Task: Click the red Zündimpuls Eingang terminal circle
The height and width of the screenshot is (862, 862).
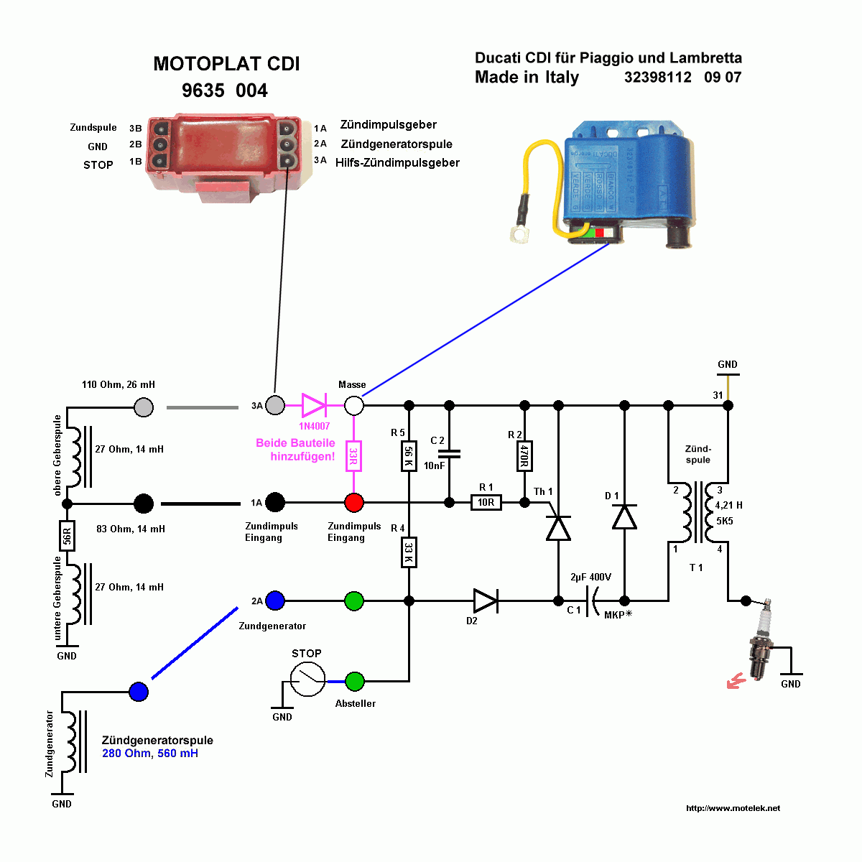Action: tap(353, 502)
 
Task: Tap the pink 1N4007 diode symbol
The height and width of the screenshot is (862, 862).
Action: tap(314, 405)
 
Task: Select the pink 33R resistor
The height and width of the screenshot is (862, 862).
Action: tap(353, 456)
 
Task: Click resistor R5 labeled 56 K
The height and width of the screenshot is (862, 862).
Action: tap(408, 455)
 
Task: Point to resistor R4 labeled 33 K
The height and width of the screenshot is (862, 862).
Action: tap(408, 552)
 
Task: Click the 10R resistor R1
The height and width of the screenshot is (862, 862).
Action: tap(486, 502)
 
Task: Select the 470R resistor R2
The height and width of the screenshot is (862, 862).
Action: tap(524, 455)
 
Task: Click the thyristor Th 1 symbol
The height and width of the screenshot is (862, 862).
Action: tap(558, 527)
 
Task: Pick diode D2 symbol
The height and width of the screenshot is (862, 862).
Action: tap(486, 601)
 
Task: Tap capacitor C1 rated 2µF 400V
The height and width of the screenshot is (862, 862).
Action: tap(592, 601)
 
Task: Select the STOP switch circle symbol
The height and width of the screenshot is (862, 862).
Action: tap(307, 678)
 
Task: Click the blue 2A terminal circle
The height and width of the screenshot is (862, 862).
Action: tap(275, 601)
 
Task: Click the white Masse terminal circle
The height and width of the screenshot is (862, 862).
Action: tap(353, 405)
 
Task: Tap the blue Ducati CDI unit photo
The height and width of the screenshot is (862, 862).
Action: tap(624, 183)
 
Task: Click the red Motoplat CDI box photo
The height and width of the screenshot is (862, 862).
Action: tap(219, 154)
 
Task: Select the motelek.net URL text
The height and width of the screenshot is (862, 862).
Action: tap(733, 808)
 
